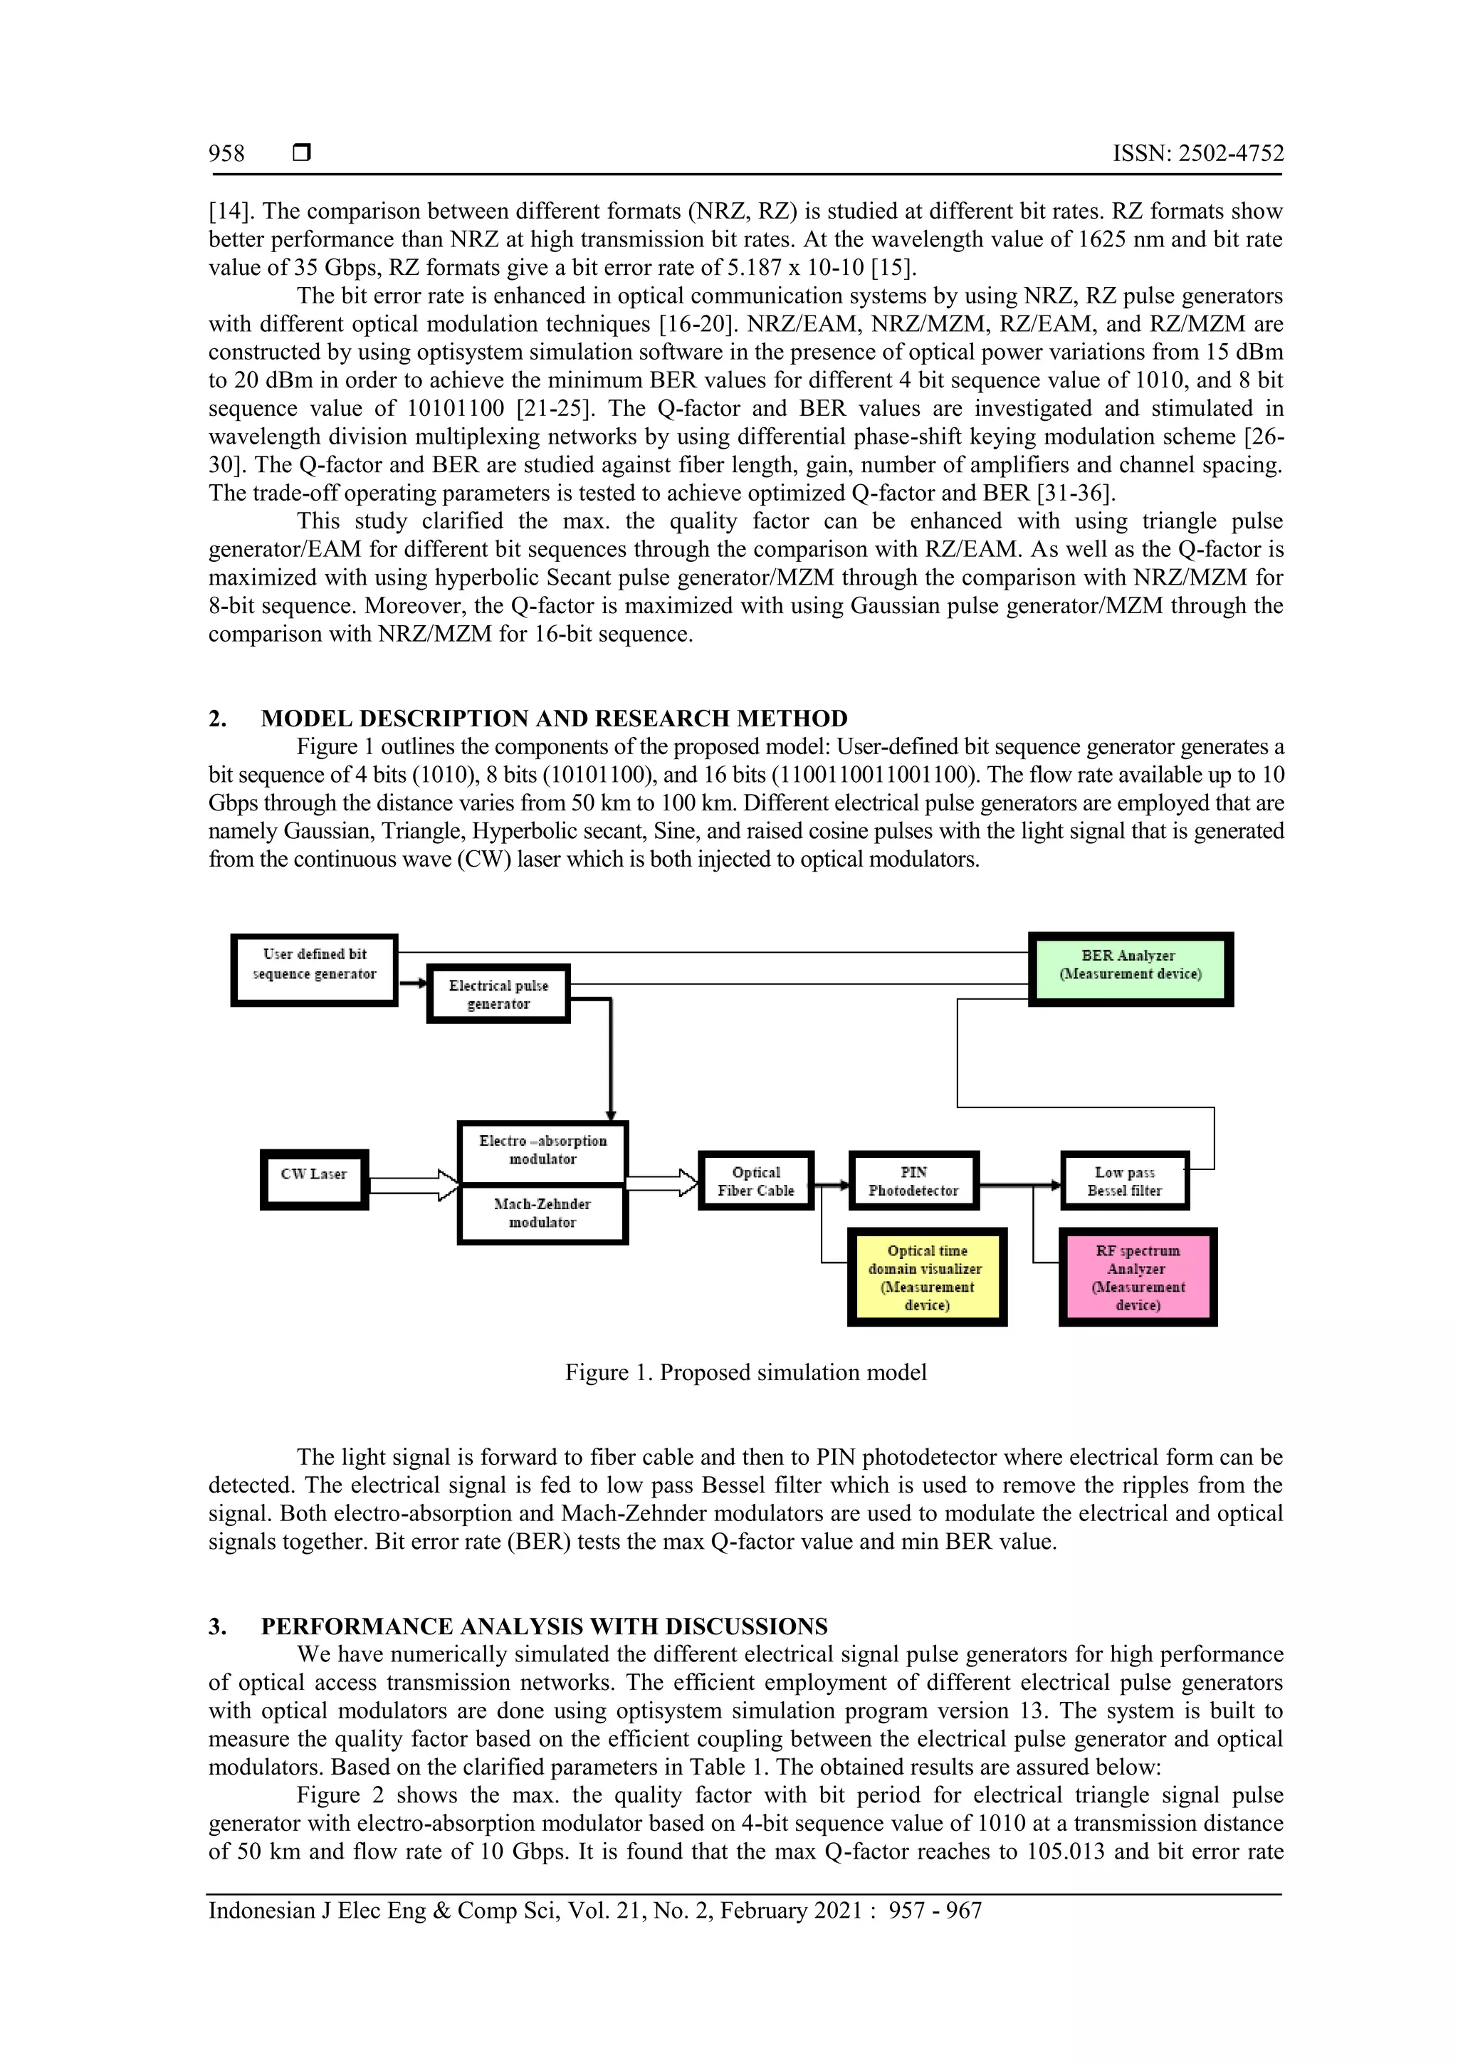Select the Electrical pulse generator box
(498, 995)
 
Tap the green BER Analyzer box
(1130, 968)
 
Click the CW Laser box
(315, 1179)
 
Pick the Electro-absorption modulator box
(542, 1151)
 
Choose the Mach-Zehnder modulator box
(542, 1214)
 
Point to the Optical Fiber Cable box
(755, 1181)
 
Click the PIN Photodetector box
(913, 1181)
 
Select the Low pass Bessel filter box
(1125, 1181)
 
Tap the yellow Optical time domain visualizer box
(927, 1277)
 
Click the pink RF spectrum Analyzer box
(1138, 1277)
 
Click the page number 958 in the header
(226, 154)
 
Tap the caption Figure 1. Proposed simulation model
(745, 1372)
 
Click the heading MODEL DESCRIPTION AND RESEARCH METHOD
(553, 719)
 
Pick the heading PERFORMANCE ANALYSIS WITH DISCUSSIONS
(543, 1626)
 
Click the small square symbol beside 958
(302, 154)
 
